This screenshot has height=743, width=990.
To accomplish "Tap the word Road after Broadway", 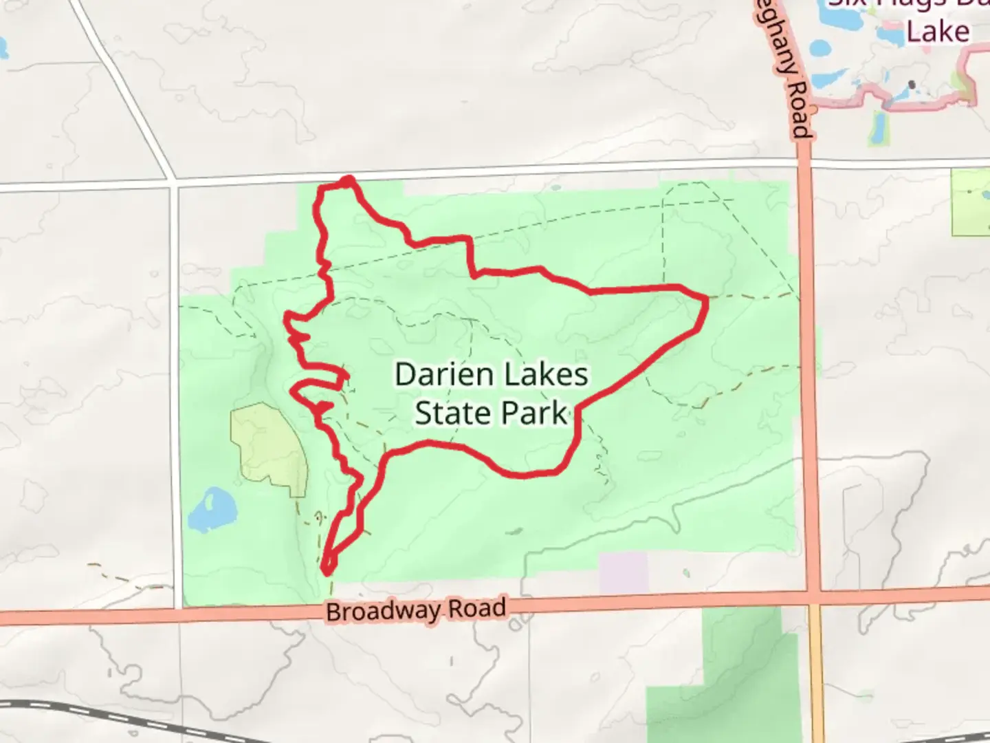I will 476,608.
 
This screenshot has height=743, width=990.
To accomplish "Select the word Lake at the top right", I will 937,32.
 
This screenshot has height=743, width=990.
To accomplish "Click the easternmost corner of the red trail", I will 705,299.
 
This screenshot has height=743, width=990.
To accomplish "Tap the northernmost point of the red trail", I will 349,180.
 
